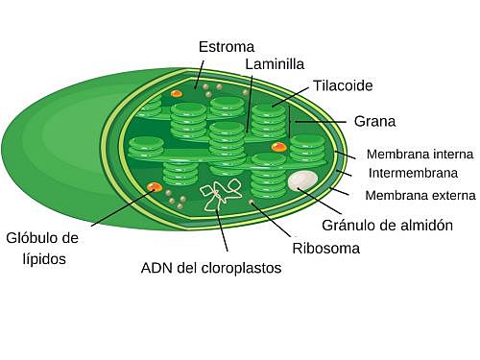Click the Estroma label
point(226,47)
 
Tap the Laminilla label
point(275,64)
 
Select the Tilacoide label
point(343,85)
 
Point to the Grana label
point(374,122)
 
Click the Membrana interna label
point(420,154)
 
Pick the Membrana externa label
point(420,196)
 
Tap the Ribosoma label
point(326,248)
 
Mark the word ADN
point(157,268)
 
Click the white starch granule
point(303,180)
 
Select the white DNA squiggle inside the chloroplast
point(220,194)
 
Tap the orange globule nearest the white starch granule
point(278,147)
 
